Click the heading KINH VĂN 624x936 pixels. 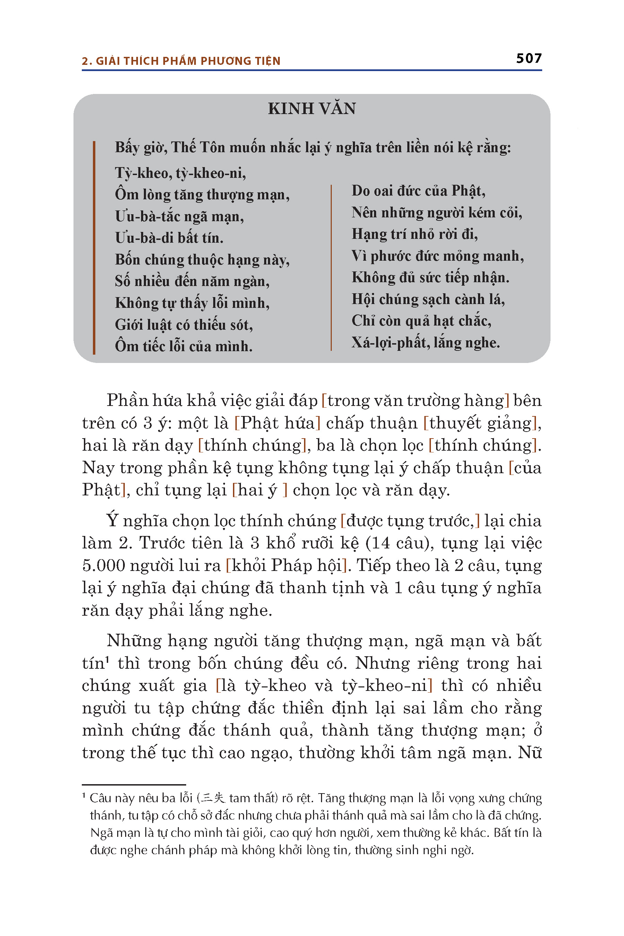tap(312, 109)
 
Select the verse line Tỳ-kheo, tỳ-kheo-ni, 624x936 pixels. tap(180, 173)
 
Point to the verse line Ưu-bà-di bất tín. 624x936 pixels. tap(169, 238)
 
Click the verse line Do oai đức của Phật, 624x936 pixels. tap(418, 191)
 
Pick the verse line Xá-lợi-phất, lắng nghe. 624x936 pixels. tap(425, 343)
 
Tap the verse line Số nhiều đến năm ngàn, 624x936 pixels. tap(192, 281)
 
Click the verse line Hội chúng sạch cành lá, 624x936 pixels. tap(428, 299)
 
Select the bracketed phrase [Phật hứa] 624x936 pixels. tap(277, 423)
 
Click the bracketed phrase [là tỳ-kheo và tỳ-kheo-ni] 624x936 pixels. tap(324, 686)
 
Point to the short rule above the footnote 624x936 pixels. tap(134, 785)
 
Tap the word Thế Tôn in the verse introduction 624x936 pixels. tap(199, 148)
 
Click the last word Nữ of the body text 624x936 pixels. tap(530, 753)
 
